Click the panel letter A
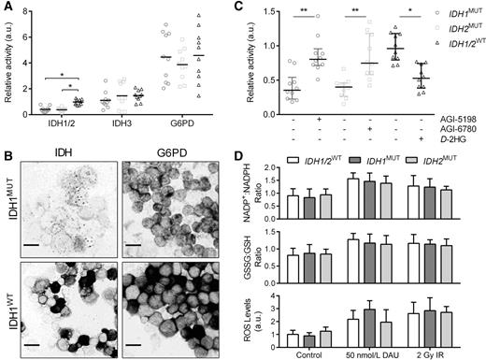pyautogui.click(x=7, y=8)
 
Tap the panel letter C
pyautogui.click(x=252, y=8)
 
